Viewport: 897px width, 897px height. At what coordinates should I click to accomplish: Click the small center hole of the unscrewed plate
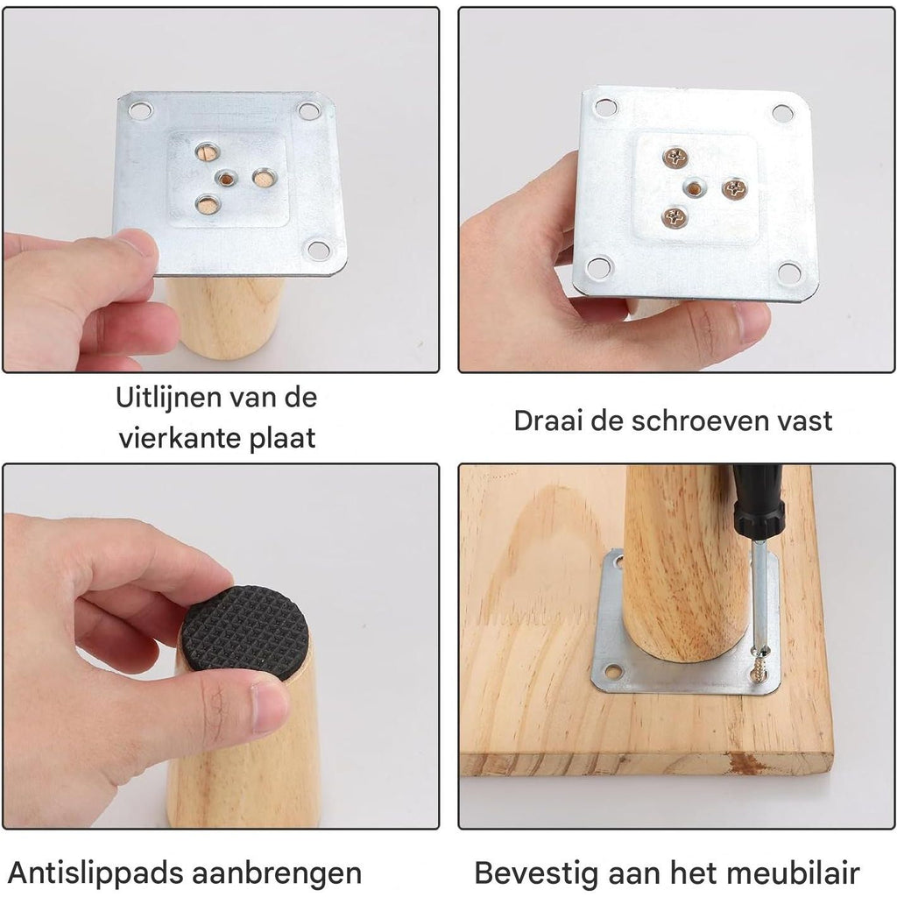click(x=227, y=179)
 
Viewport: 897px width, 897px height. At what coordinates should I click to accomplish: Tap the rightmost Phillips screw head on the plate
click(x=735, y=188)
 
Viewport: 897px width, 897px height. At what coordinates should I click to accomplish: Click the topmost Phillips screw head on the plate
click(x=675, y=157)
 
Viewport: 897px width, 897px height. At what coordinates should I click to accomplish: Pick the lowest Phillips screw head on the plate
click(x=675, y=217)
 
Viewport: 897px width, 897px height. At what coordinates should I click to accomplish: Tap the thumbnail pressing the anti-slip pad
click(x=270, y=708)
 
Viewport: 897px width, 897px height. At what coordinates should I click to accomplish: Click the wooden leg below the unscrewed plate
click(x=226, y=316)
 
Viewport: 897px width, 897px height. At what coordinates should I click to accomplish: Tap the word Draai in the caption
click(x=549, y=421)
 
